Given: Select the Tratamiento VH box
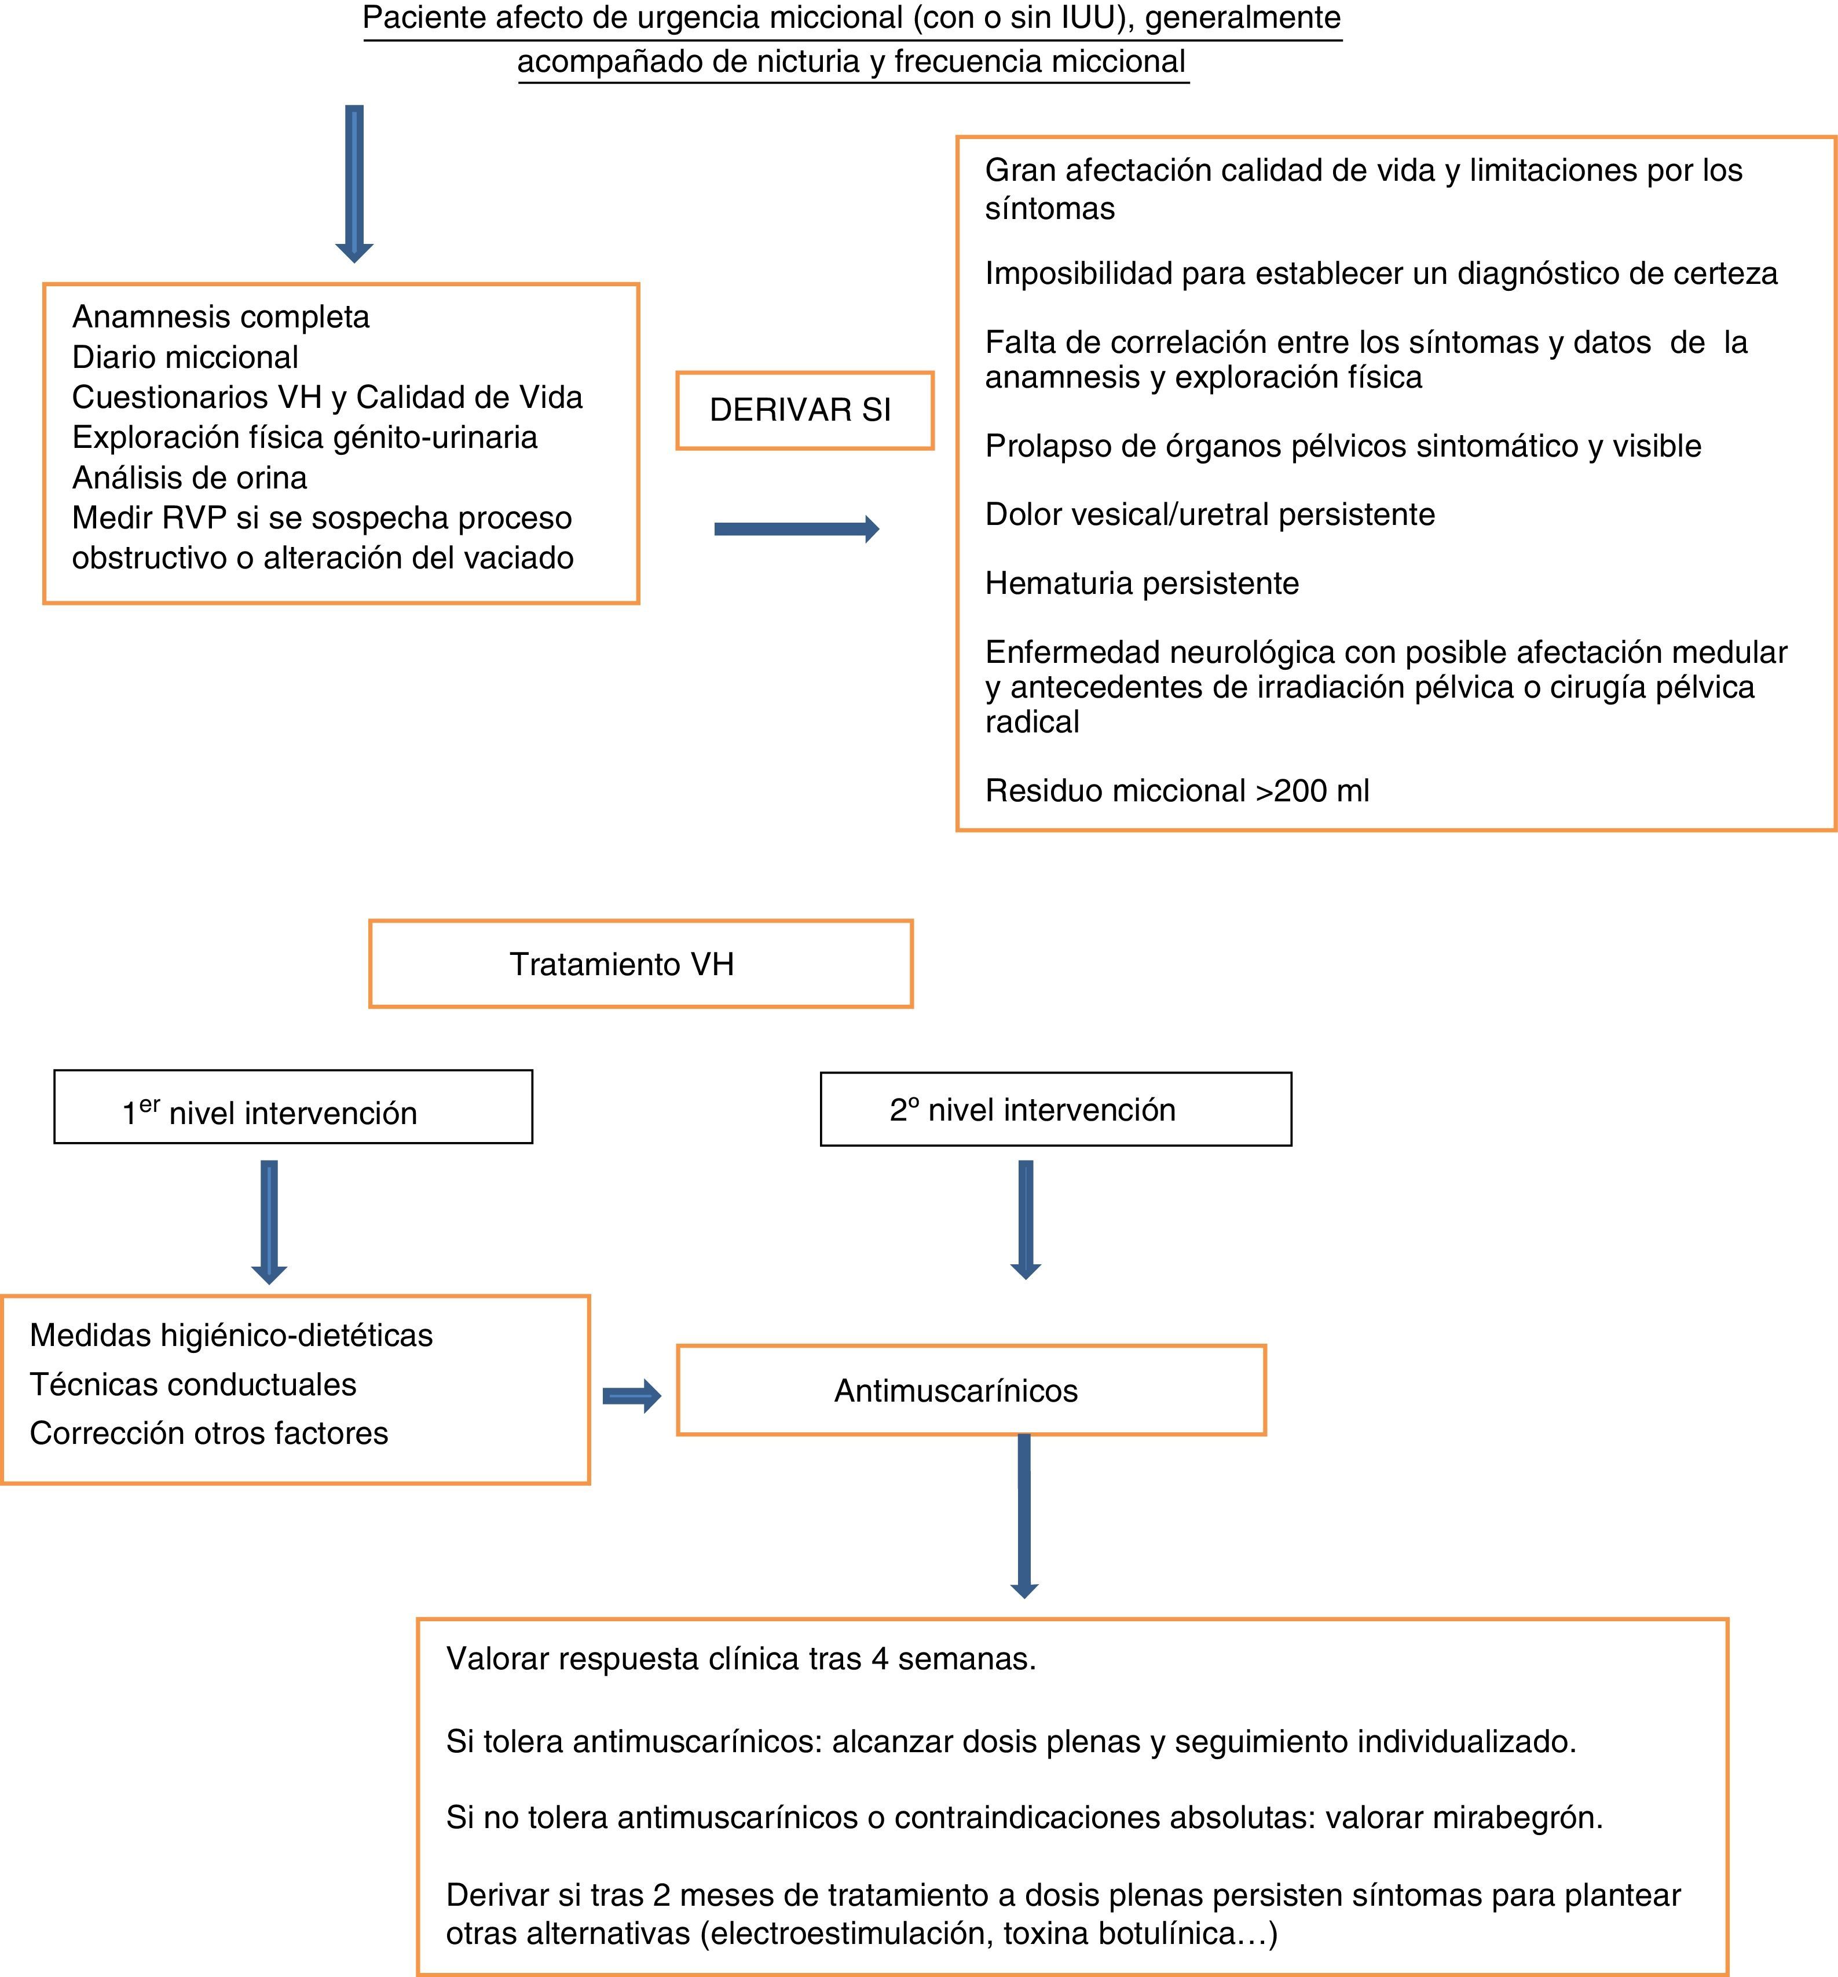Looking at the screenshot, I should pos(640,964).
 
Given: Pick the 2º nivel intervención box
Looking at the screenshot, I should pos(1056,1110).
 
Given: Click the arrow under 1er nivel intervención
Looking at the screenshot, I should pos(268,1221).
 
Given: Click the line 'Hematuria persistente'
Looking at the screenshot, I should pos(1141,583).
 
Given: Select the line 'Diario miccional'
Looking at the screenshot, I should pos(185,357).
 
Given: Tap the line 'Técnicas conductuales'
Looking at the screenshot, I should pos(193,1384).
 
